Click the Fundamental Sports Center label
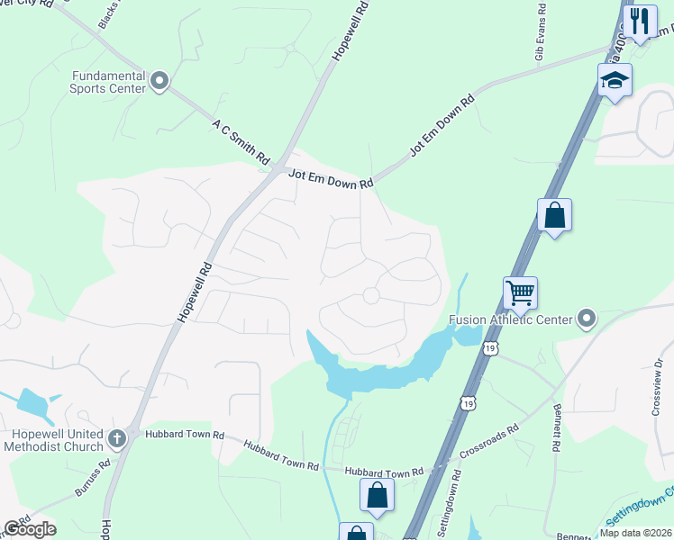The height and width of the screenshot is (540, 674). [x=107, y=82]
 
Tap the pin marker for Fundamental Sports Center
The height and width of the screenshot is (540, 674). [x=160, y=82]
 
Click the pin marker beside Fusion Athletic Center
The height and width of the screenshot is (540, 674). [x=587, y=319]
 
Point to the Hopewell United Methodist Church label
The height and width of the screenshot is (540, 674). [x=51, y=438]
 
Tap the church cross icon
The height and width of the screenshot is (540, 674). [x=116, y=438]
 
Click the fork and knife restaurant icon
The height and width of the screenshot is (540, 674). [x=640, y=21]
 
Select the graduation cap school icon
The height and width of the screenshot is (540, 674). [x=615, y=81]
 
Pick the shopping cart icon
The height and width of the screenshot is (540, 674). [x=521, y=293]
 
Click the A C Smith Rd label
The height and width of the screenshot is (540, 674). [x=241, y=139]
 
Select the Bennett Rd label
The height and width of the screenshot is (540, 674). [x=553, y=428]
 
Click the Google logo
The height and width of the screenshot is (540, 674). [x=29, y=529]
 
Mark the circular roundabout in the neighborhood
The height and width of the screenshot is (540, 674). [x=370, y=295]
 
